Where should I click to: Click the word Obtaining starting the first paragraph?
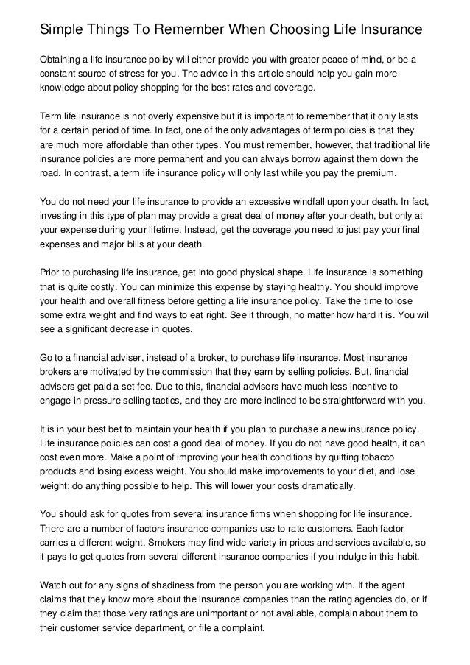click(x=64, y=60)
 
